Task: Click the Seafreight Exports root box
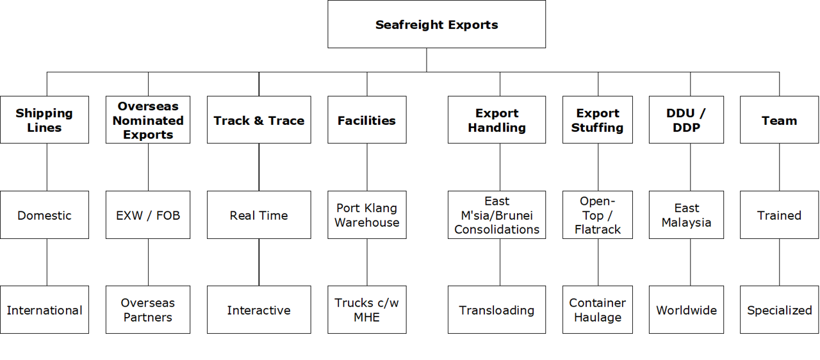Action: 436,24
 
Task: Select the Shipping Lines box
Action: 44,120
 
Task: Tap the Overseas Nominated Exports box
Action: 148,120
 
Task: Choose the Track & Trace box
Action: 259,120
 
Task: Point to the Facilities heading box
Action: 366,120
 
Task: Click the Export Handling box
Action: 496,120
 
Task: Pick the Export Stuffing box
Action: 598,120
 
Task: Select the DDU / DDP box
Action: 686,120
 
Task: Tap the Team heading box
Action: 779,120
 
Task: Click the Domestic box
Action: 44,215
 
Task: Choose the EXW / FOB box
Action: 148,215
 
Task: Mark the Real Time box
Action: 259,215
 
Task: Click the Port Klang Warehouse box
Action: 366,215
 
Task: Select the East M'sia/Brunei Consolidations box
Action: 496,215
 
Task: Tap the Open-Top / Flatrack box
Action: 598,215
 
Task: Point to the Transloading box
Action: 496,310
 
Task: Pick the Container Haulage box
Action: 598,310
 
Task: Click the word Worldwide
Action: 686,311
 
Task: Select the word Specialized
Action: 779,311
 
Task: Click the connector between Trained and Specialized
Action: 780,263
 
